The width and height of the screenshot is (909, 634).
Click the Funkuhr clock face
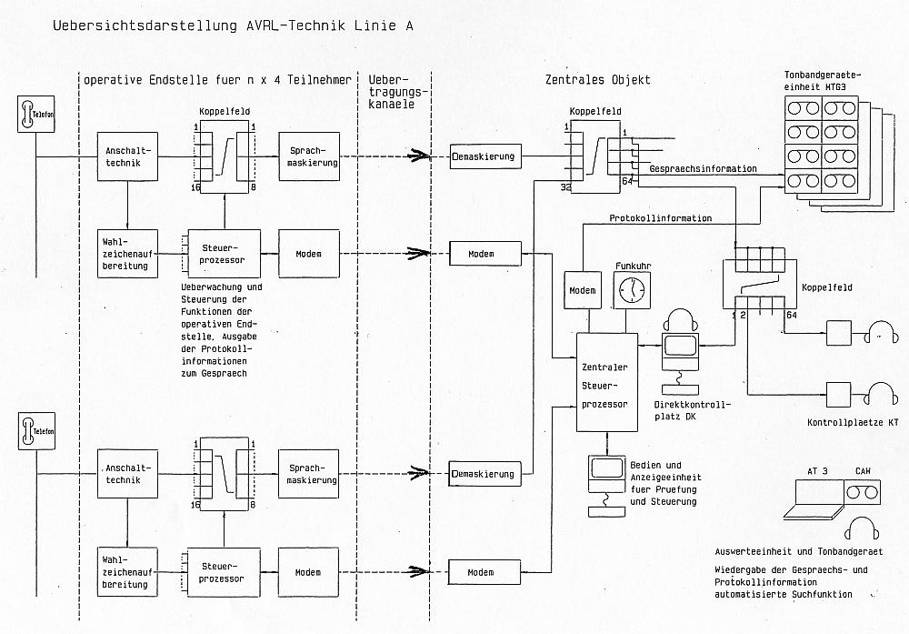pos(631,290)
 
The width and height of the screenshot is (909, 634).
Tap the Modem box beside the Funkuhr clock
pos(582,290)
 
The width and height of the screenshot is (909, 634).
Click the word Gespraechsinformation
pos(704,169)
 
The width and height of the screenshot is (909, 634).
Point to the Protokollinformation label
pos(660,218)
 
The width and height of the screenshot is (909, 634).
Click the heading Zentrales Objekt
pos(591,80)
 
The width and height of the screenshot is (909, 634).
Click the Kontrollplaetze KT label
pos(853,423)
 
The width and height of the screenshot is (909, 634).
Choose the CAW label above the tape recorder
pos(862,471)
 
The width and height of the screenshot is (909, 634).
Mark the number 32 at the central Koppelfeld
pos(566,186)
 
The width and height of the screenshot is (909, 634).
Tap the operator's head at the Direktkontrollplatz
pos(680,320)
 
